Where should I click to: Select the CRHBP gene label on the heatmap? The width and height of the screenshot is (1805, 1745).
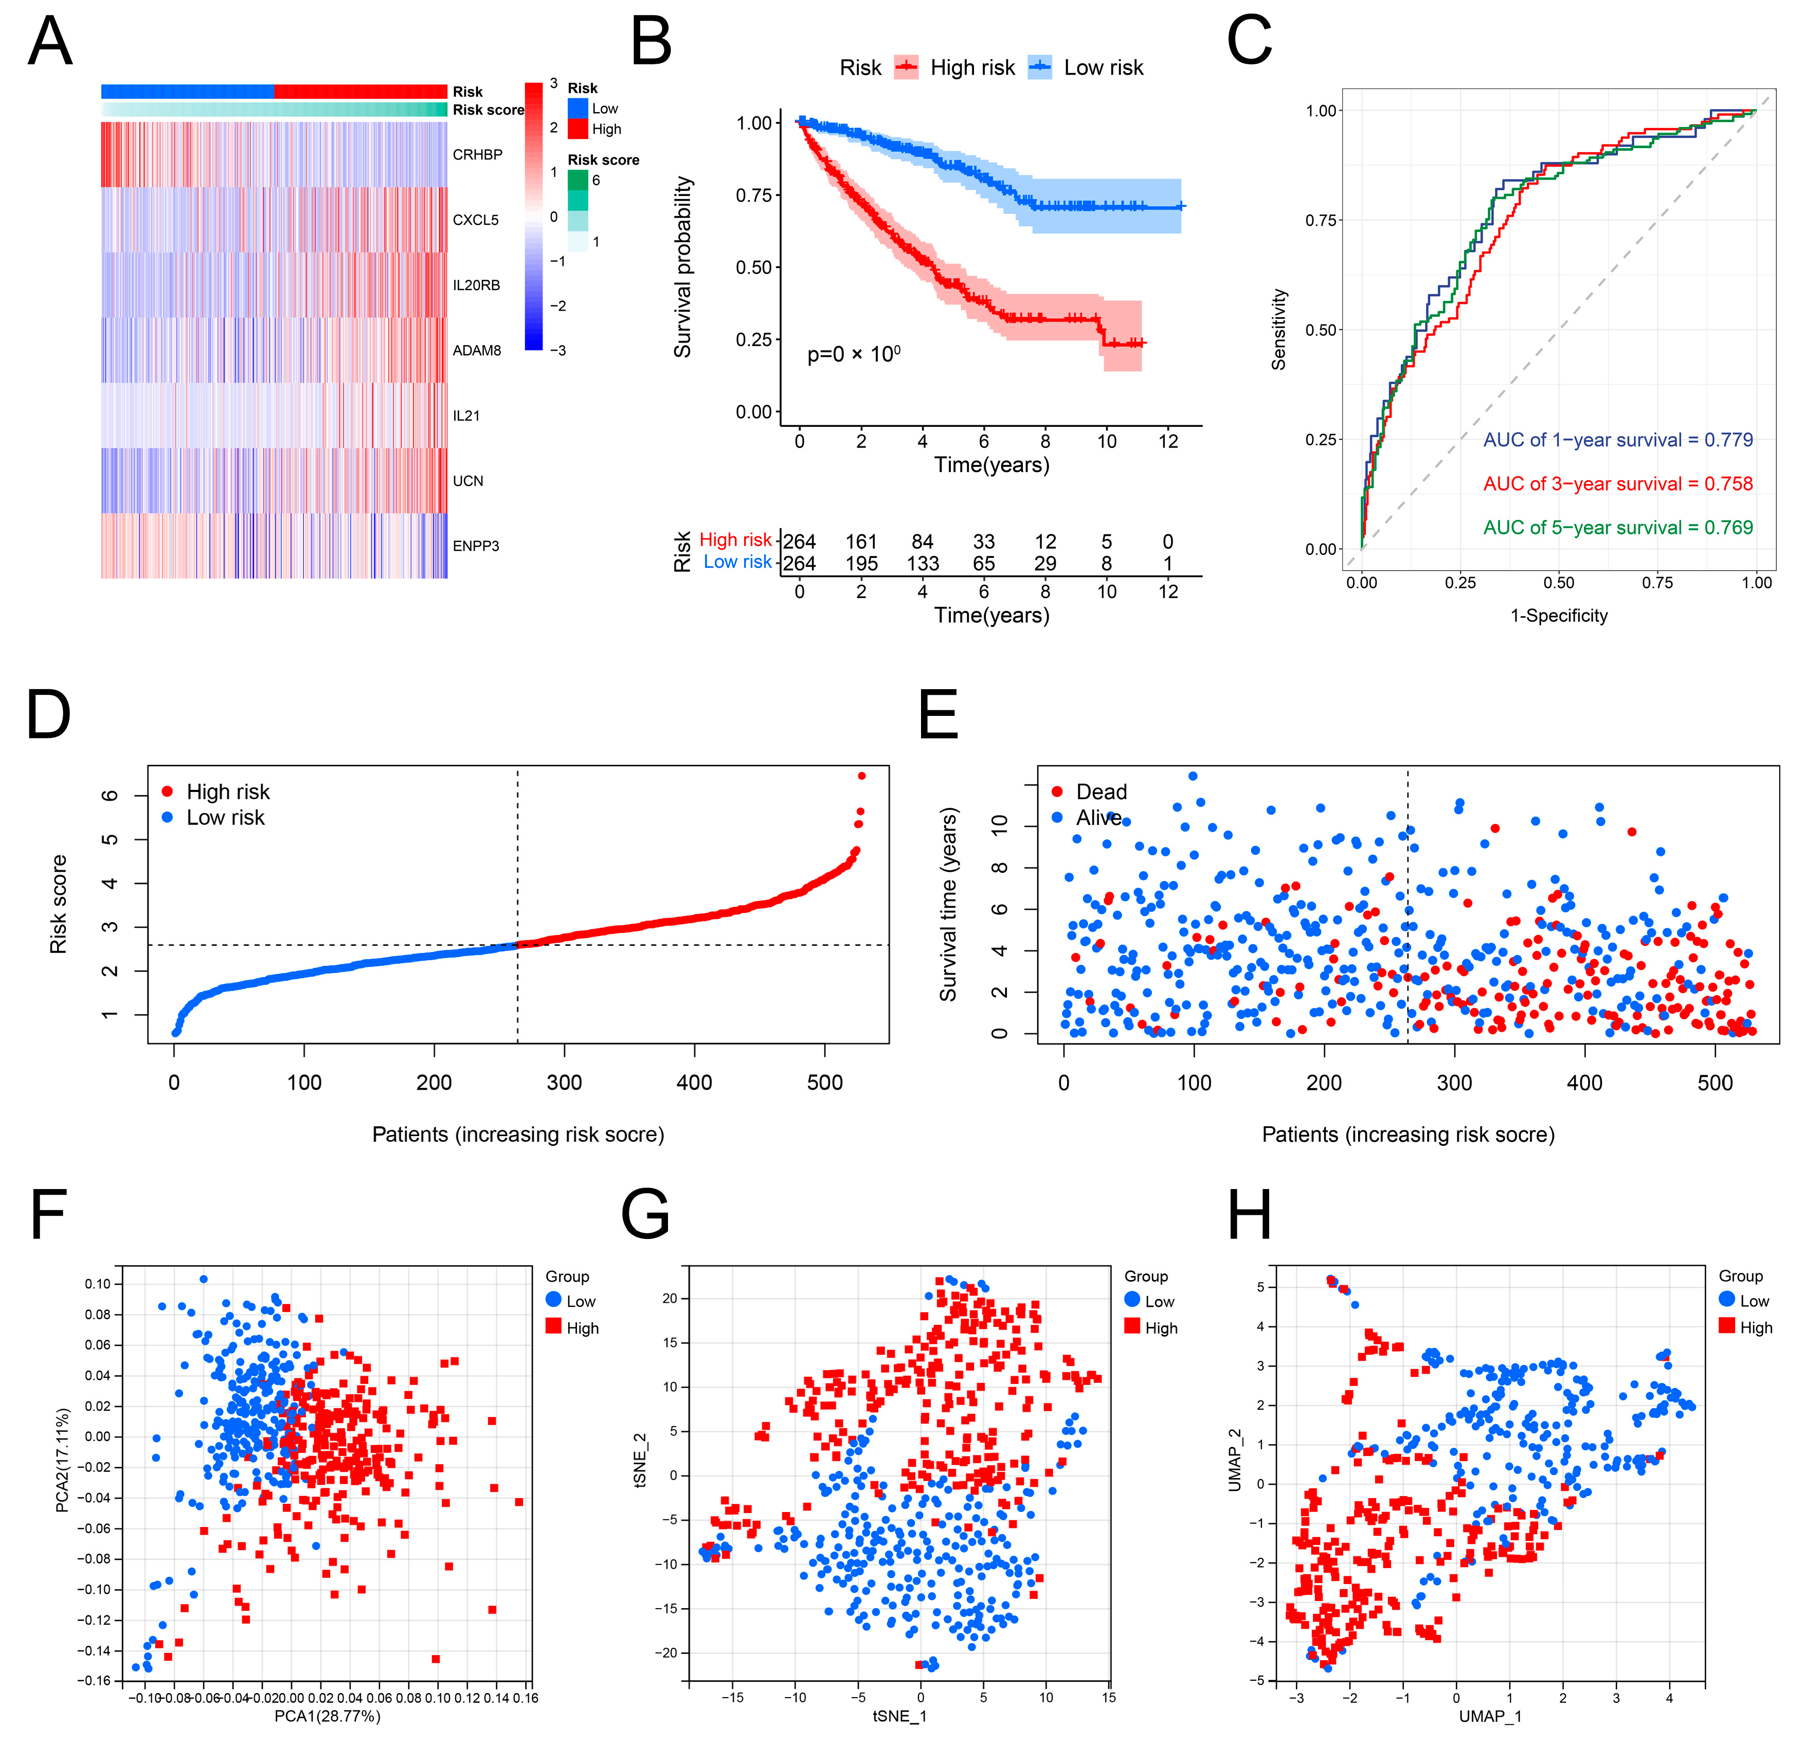pos(477,155)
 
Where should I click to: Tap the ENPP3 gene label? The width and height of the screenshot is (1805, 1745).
pos(475,546)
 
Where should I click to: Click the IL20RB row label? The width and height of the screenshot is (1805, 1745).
pos(476,285)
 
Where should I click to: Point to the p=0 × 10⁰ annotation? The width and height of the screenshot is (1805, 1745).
pos(854,354)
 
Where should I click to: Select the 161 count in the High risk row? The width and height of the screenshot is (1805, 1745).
pos(861,542)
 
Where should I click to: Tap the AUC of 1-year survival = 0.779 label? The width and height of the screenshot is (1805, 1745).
pos(1617,440)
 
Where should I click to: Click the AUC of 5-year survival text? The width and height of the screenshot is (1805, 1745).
pos(1617,528)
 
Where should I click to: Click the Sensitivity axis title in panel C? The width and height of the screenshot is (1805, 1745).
pos(1278,330)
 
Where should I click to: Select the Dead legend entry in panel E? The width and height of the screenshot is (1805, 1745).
pos(1100,792)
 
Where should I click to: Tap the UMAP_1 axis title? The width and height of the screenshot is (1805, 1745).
pos(1490,1716)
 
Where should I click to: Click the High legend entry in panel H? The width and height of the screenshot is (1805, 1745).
pos(1755,1327)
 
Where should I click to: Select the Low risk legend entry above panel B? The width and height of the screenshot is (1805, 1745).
pos(1103,68)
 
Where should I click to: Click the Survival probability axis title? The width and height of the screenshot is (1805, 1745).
pos(682,267)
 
